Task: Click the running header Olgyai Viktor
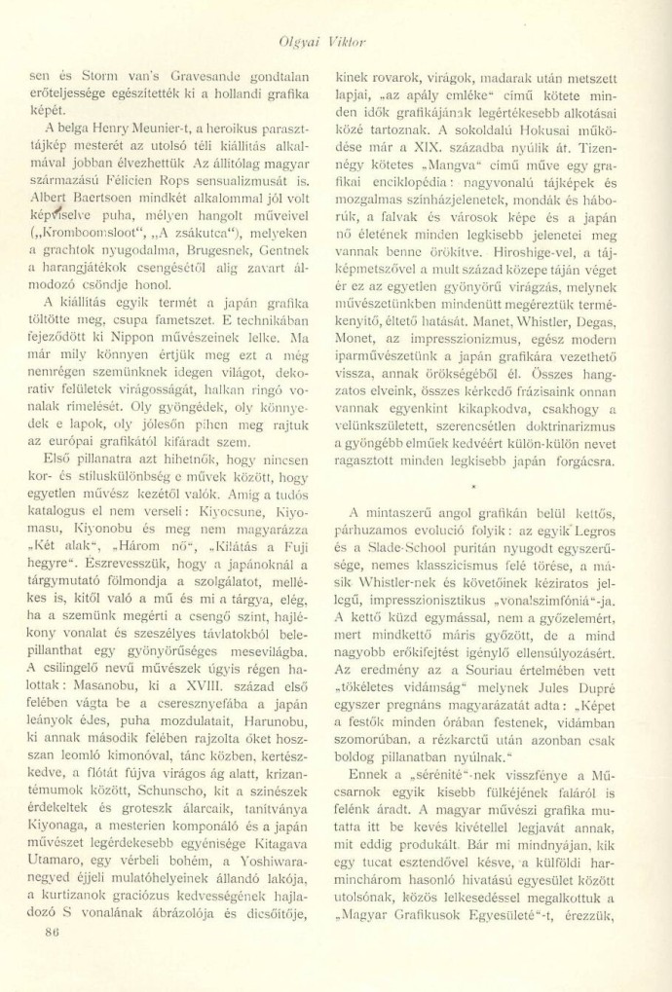336,41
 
